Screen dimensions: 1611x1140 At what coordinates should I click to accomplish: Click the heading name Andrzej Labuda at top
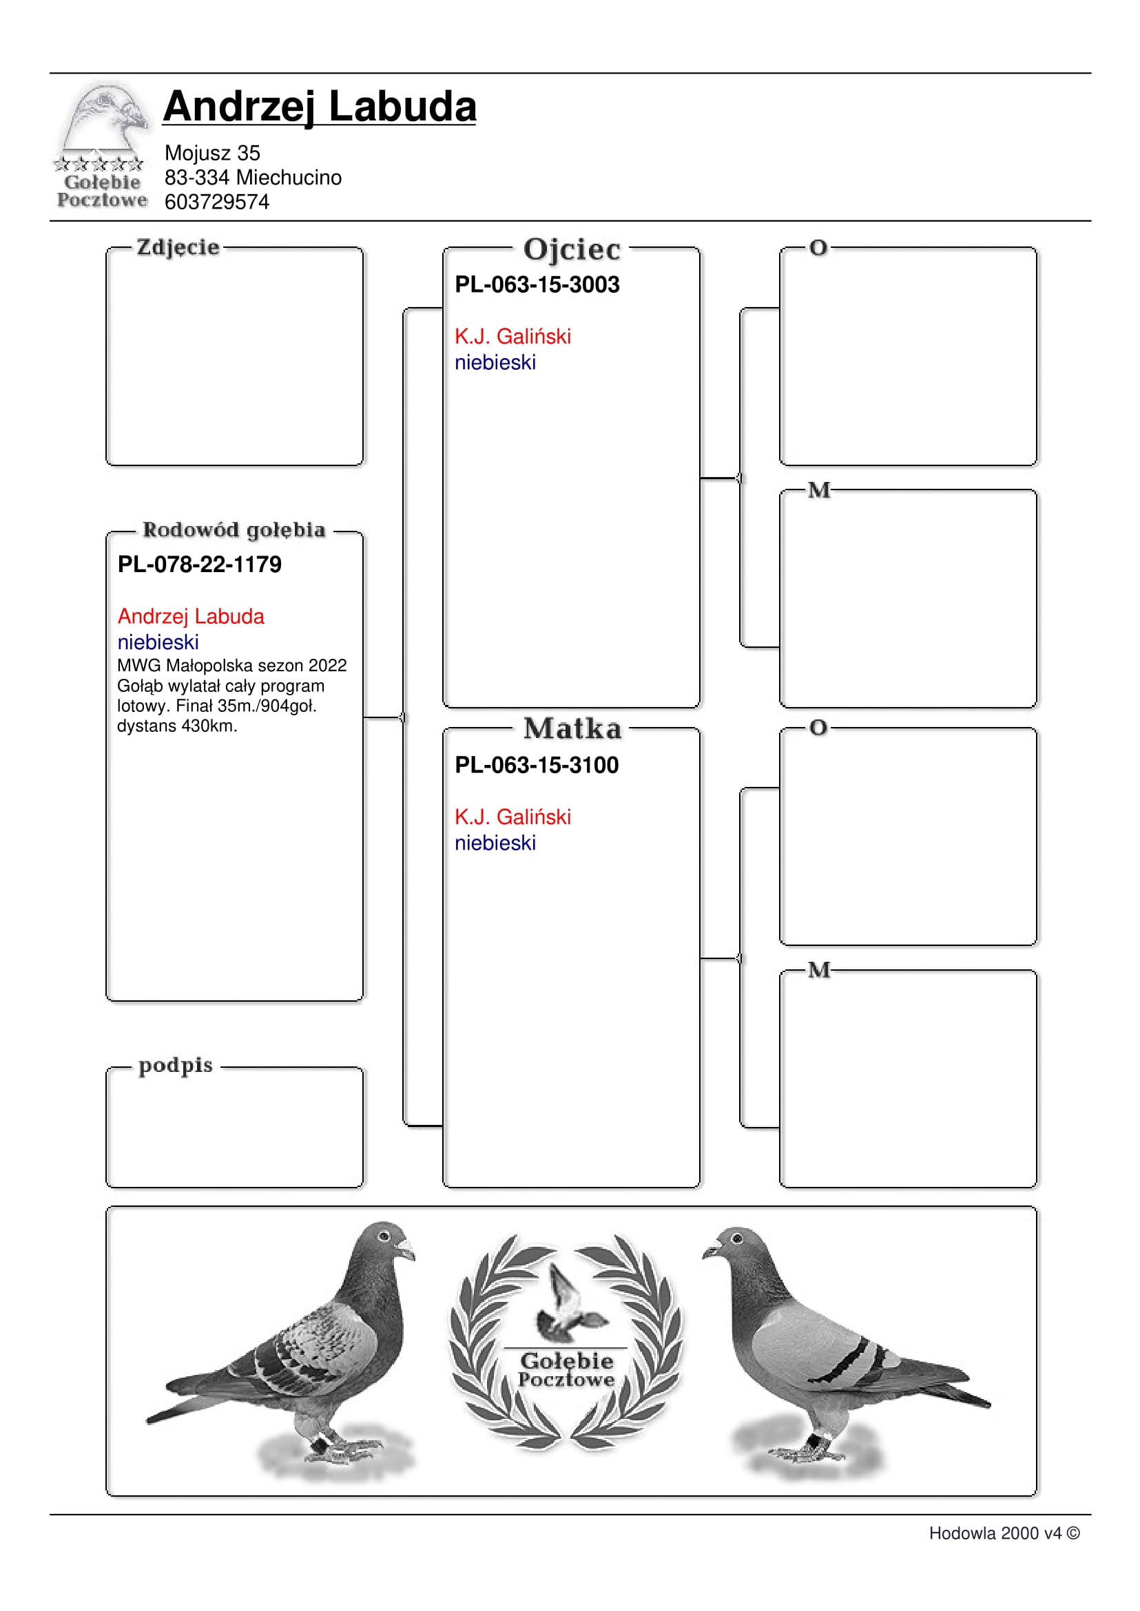[x=320, y=107]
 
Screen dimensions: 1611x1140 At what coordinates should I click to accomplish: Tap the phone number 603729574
[x=216, y=202]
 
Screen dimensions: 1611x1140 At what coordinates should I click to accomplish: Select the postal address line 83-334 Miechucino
[x=253, y=178]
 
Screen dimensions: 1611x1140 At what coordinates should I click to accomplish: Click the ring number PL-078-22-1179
[x=199, y=564]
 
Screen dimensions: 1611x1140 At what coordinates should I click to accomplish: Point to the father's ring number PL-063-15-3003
[x=537, y=284]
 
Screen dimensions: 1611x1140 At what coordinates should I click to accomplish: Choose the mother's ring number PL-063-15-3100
[x=537, y=765]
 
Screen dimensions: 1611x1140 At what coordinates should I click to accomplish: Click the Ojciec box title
[x=572, y=249]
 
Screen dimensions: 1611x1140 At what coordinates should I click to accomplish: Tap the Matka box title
[x=572, y=728]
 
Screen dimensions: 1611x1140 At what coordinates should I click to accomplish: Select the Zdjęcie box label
[x=178, y=247]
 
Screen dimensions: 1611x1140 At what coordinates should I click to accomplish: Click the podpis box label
[x=176, y=1065]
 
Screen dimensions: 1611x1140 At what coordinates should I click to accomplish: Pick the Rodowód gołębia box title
[x=234, y=529]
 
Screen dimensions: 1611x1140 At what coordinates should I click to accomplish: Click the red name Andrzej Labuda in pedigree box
[x=191, y=616]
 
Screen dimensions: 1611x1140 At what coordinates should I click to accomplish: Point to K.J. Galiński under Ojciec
[x=512, y=336]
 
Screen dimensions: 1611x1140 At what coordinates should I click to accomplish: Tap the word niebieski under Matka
[x=495, y=843]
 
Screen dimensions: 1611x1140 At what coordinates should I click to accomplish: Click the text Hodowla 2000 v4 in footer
[x=995, y=1533]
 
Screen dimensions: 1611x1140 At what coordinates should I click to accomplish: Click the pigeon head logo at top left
[x=105, y=116]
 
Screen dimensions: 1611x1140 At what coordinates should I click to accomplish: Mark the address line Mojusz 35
[x=212, y=153]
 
